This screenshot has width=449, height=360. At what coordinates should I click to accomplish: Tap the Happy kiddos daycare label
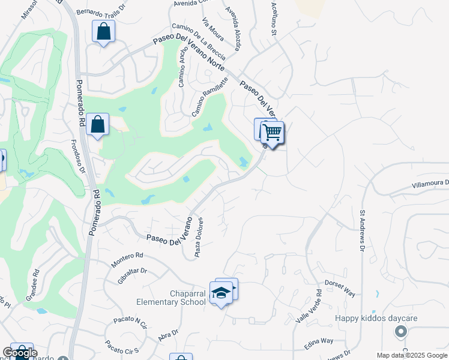[376, 318]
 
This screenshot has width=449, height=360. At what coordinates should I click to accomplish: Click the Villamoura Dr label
[430, 183]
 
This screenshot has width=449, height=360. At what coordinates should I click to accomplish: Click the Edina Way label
[319, 341]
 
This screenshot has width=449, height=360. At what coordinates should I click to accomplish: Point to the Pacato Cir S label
[122, 347]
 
